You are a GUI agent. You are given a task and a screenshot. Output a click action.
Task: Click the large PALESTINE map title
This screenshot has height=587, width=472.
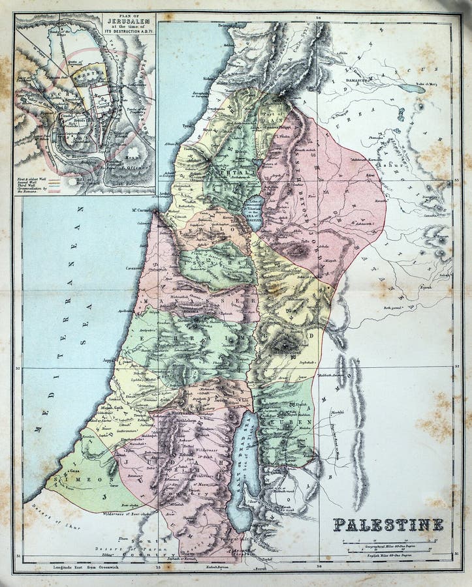click(x=389, y=524)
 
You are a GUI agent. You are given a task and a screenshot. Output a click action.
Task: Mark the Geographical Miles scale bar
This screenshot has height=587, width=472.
click(x=389, y=543)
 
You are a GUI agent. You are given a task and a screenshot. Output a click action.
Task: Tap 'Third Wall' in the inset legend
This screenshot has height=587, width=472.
click(x=32, y=184)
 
